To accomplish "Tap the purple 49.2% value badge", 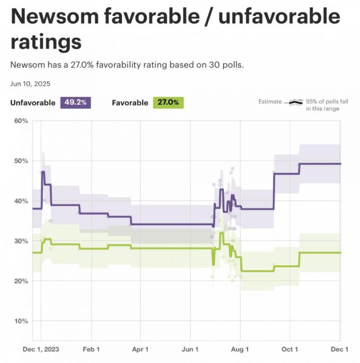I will point(75,102).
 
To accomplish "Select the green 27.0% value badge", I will point(168,102).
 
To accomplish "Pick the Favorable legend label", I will point(130,103).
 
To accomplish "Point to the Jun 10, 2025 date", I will point(30,83).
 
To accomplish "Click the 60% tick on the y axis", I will point(20,121).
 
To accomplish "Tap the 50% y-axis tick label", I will point(20,161).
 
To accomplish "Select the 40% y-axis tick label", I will point(20,201).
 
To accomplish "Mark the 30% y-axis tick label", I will point(20,241).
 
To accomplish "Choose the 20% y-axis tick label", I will point(20,281).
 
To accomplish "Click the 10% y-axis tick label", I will point(20,321).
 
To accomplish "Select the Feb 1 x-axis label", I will point(91,349).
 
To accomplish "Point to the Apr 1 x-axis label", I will point(140,349).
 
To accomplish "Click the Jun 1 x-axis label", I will point(190,349).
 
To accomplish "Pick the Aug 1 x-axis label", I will point(240,349).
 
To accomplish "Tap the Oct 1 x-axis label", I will point(290,349).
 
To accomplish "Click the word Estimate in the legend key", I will point(270,102).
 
